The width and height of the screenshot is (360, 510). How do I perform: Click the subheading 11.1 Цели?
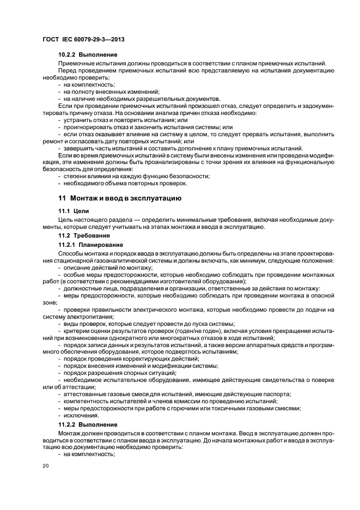pyautogui.click(x=73, y=210)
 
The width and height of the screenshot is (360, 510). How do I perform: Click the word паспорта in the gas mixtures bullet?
pyautogui.click(x=278, y=394)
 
